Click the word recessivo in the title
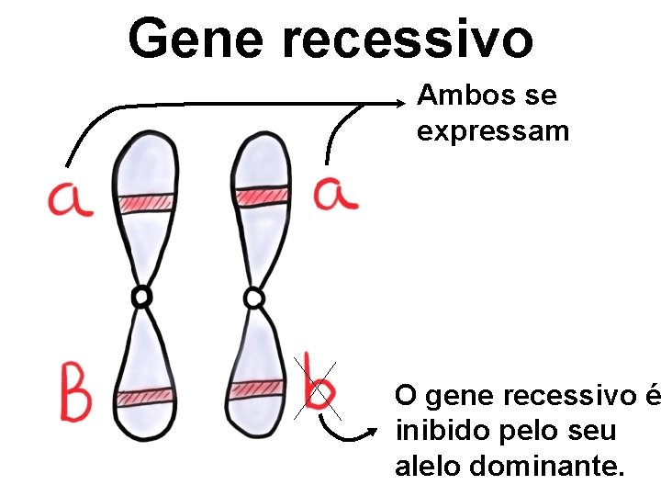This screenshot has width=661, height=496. [406, 39]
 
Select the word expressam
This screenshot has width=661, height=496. [493, 131]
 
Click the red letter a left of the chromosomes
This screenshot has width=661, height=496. [70, 198]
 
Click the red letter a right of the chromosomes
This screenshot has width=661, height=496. [336, 194]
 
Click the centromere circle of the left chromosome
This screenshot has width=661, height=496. [141, 297]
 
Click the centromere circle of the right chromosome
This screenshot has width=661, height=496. [254, 298]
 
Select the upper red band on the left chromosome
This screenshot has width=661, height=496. [144, 203]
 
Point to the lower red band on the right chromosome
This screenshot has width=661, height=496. [257, 389]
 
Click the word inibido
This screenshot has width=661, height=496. [434, 432]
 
